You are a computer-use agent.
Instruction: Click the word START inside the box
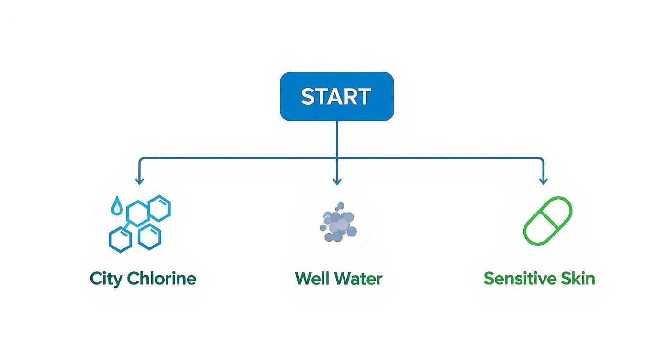pos(336,97)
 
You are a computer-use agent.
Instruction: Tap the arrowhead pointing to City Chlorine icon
pos(139,181)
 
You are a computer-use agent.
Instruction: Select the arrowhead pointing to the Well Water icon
pos(337,181)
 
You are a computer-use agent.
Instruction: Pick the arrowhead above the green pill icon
pos(543,181)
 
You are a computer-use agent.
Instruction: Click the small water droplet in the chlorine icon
pos(116,207)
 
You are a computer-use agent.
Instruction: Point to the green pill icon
pos(548,220)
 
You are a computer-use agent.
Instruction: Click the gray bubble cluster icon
pos(338,223)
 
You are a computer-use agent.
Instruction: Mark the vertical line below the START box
pos(337,139)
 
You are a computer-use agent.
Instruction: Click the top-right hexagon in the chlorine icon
pos(159,208)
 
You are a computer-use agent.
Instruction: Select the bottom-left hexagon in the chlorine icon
pos(120,239)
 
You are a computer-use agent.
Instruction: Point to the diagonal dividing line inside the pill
pos(548,220)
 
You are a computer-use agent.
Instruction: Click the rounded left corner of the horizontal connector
pos(141,159)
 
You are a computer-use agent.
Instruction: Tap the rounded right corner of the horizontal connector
pos(542,159)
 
